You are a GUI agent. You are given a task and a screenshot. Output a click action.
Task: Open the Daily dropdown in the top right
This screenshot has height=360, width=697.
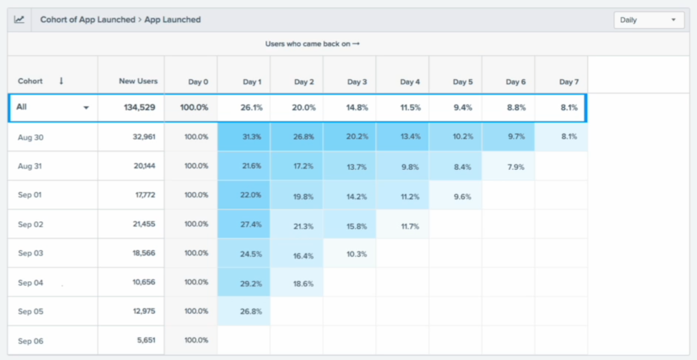(x=649, y=20)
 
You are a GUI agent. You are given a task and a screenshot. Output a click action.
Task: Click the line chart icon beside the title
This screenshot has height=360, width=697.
(x=19, y=20)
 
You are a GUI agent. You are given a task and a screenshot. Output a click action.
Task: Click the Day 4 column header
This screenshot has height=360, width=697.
(x=410, y=82)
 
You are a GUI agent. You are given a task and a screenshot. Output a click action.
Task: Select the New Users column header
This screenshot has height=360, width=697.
(x=138, y=81)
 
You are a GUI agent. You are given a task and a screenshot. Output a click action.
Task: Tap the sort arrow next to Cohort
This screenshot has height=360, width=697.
(x=61, y=81)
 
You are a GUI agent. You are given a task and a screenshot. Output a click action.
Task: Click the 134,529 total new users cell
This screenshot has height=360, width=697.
(x=139, y=107)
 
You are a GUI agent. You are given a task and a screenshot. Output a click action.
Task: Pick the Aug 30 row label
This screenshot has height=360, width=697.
(x=31, y=138)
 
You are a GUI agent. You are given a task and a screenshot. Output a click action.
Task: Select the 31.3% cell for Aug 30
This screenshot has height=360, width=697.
(x=252, y=137)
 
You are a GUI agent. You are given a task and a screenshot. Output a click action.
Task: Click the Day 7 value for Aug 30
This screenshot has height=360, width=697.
(x=569, y=137)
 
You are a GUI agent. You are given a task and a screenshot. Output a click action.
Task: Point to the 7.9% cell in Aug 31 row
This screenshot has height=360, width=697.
(x=516, y=167)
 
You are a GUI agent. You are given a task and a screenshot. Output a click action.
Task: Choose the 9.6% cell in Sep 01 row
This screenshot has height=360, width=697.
(x=462, y=197)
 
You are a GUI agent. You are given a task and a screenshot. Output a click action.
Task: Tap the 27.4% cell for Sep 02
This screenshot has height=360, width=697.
(x=252, y=225)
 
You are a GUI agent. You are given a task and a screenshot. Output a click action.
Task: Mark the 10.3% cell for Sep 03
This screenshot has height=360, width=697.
(x=357, y=254)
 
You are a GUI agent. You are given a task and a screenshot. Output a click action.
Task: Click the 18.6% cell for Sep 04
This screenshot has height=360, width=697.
(x=304, y=284)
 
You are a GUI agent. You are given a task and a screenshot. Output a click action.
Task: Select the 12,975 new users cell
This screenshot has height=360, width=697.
(x=144, y=311)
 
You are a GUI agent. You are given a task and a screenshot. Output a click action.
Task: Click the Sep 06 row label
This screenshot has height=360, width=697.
(x=31, y=341)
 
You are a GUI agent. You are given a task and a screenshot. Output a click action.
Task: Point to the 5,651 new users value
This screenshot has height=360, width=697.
(x=146, y=340)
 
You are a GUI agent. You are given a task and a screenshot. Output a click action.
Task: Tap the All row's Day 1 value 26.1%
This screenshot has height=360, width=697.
(x=252, y=108)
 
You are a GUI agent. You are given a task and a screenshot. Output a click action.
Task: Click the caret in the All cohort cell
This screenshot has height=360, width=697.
(x=86, y=108)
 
